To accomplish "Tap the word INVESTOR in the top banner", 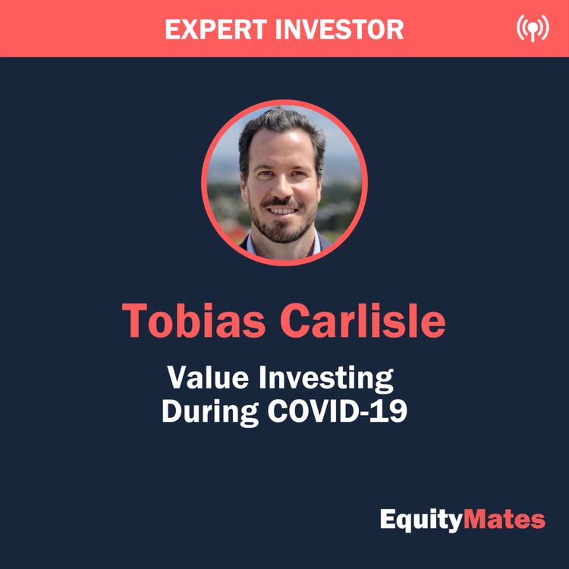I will click(338, 30).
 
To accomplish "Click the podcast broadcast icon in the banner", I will click(532, 29).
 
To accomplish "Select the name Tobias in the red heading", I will click(194, 320).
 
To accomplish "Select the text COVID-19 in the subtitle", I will click(334, 412).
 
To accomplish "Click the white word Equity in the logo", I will click(420, 520).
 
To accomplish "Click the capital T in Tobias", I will click(137, 320).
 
